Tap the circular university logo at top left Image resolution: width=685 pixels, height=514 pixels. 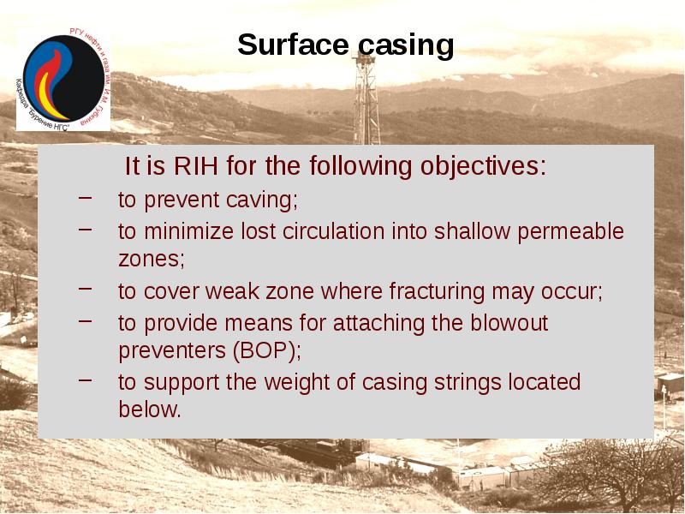pyautogui.click(x=63, y=80)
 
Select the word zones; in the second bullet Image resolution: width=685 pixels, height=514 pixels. pyautogui.click(x=151, y=258)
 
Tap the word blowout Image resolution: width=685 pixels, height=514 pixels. pyautogui.click(x=504, y=323)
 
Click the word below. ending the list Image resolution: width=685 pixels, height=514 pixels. pyautogui.click(x=150, y=409)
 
